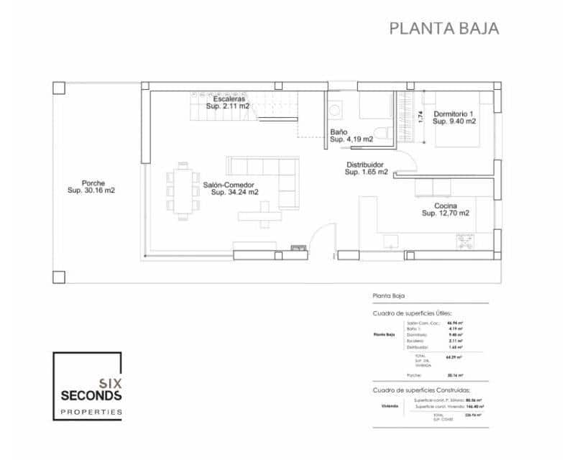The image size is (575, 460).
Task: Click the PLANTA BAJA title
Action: click(443, 29)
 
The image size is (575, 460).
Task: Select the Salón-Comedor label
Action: click(229, 184)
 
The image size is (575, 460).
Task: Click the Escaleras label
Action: click(228, 98)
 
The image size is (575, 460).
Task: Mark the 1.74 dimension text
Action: click(420, 115)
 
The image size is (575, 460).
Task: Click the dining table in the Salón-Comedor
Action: click(183, 189)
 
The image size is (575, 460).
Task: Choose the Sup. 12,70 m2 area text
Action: click(446, 213)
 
